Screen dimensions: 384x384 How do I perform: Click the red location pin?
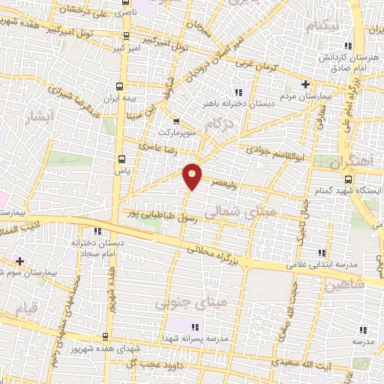coord(193,175)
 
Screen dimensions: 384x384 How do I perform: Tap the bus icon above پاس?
coord(122,158)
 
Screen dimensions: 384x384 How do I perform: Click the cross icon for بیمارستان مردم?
coord(305,83)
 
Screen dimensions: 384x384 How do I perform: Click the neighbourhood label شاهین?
coord(344,286)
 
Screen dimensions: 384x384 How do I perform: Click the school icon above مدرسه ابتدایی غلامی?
coord(322,252)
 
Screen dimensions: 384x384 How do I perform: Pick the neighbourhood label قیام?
coord(26,308)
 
